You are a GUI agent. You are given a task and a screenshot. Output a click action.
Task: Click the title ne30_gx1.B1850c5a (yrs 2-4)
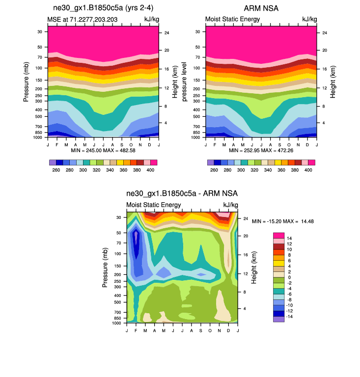[98, 8]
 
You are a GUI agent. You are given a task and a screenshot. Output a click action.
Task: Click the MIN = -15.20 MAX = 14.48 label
[283, 221]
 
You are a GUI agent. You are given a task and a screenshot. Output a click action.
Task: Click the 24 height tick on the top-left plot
[166, 33]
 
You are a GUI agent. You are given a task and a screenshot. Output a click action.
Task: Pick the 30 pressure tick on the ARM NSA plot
[197, 31]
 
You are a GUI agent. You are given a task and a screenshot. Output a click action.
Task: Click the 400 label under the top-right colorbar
[308, 170]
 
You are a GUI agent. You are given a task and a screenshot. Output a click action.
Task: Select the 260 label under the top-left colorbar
[56, 170]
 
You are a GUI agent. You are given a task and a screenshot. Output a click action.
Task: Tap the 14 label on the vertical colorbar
[289, 238]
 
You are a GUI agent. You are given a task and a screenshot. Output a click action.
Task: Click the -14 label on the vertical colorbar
[290, 317]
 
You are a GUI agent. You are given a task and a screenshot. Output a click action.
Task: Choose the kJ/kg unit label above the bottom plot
[231, 205]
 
